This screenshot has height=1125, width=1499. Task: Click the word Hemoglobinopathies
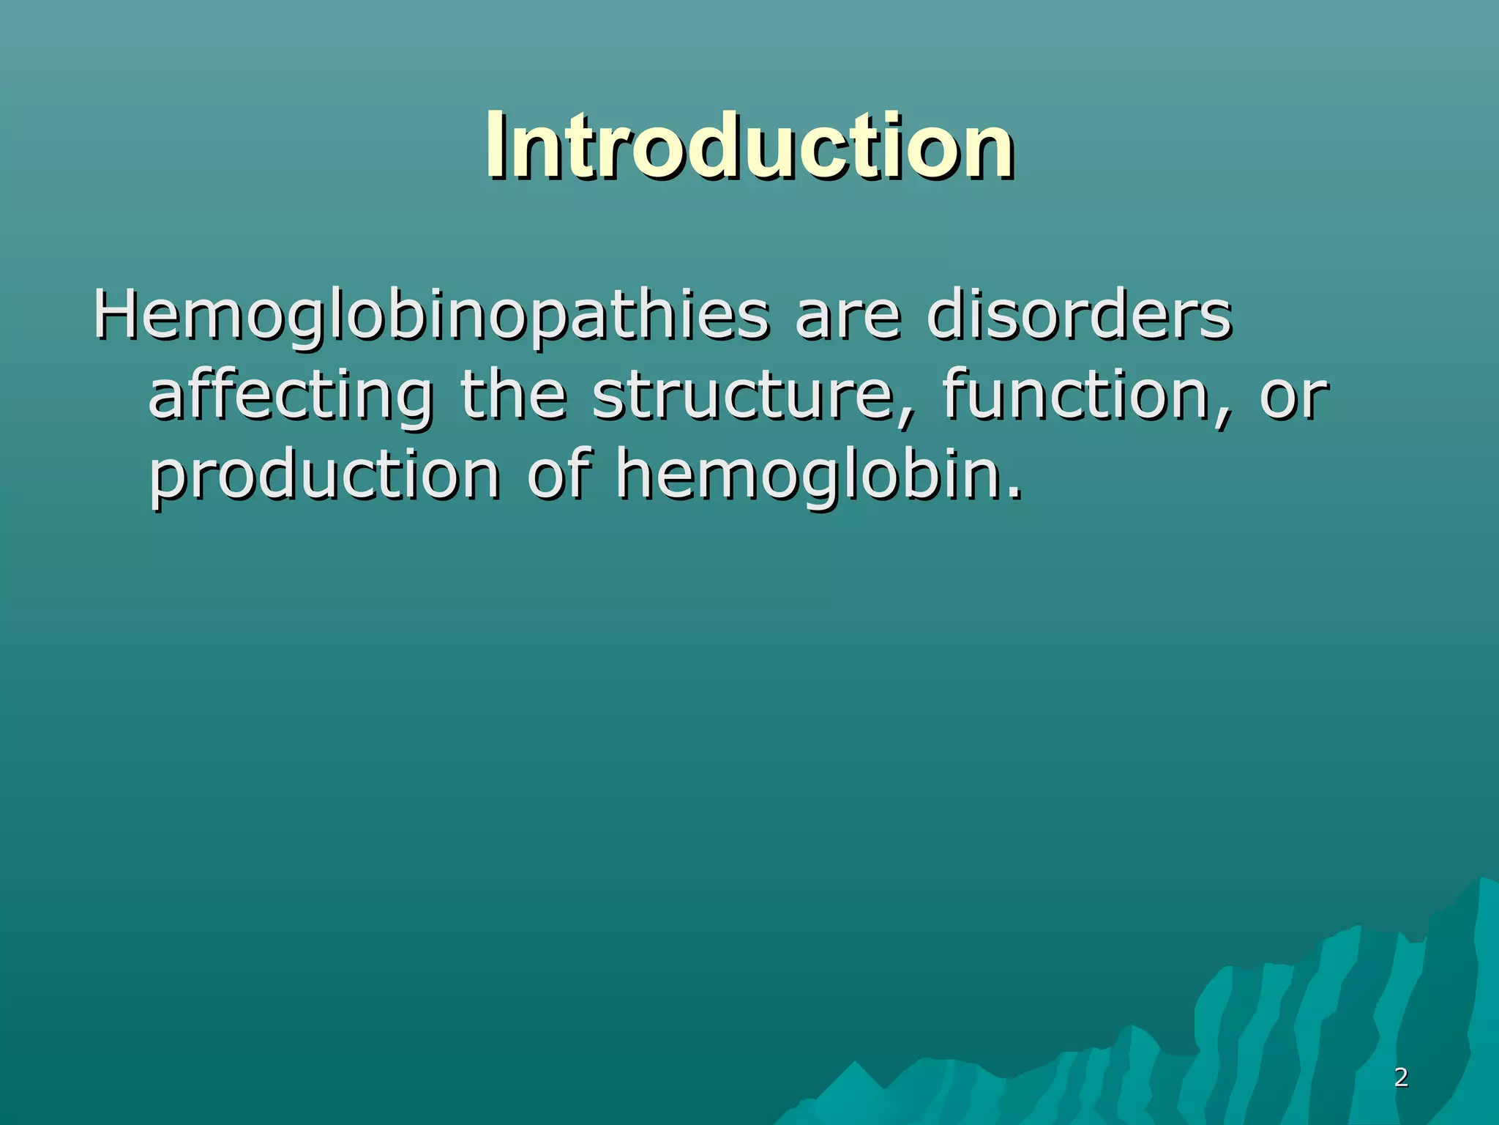point(431,316)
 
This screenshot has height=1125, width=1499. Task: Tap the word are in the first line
point(848,316)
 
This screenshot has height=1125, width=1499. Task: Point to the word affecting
point(291,396)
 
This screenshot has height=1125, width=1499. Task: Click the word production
point(324,476)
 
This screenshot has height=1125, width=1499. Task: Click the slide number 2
point(1401,1077)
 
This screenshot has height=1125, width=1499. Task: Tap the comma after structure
point(908,419)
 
